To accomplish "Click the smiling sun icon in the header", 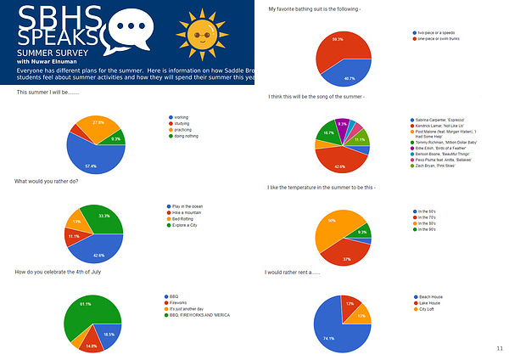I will click(x=202, y=31).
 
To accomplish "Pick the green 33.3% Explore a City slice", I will click(x=106, y=218).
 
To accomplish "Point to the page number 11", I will click(x=499, y=348).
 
